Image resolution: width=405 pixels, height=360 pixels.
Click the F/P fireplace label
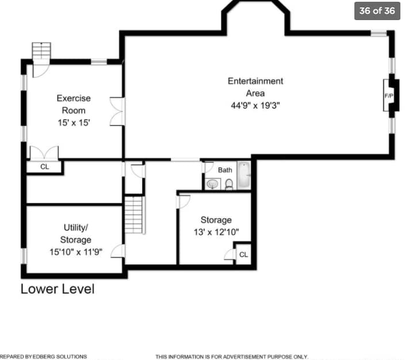[389, 96]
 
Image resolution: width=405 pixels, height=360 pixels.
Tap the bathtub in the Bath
[244, 175]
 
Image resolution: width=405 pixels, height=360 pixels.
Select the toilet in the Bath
[229, 185]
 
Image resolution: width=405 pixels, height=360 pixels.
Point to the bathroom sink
[213, 184]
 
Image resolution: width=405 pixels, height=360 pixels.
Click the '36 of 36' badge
[377, 10]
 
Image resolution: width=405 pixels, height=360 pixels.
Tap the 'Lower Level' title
[58, 289]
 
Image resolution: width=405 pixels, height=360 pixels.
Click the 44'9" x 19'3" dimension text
[255, 105]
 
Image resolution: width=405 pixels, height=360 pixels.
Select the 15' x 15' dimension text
[74, 122]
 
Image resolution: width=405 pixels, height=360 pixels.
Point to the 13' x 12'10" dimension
[216, 232]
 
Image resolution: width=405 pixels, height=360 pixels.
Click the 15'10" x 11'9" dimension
[76, 252]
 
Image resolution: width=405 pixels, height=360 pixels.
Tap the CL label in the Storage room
[243, 255]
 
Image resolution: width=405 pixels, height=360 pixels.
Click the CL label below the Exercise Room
[44, 167]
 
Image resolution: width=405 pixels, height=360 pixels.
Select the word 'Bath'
[225, 170]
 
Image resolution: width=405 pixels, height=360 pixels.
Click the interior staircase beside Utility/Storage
[134, 215]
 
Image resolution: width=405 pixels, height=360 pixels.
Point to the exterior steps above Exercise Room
[41, 51]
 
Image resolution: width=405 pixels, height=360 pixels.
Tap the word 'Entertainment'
[255, 81]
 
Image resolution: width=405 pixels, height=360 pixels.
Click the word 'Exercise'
[74, 98]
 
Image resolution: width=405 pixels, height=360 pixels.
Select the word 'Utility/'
[76, 228]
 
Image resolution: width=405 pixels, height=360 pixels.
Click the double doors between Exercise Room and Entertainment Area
[117, 112]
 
